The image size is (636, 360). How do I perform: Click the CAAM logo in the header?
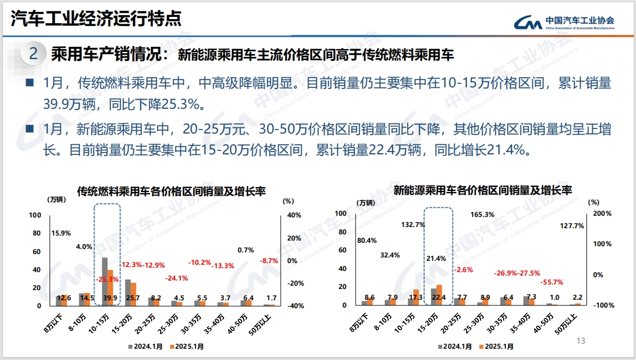tap(563, 21)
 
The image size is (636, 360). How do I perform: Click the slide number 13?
tap(581, 341)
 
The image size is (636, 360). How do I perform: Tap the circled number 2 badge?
tap(33, 54)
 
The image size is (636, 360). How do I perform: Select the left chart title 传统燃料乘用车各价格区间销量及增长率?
tap(171, 191)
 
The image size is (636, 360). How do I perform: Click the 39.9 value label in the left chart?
tap(109, 298)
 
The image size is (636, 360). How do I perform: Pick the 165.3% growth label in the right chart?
tap(482, 215)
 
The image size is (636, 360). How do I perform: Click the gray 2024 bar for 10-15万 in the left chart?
tap(104, 281)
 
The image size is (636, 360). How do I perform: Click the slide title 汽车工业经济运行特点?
tap(96, 19)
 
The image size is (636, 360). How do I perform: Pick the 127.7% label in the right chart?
tap(572, 226)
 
